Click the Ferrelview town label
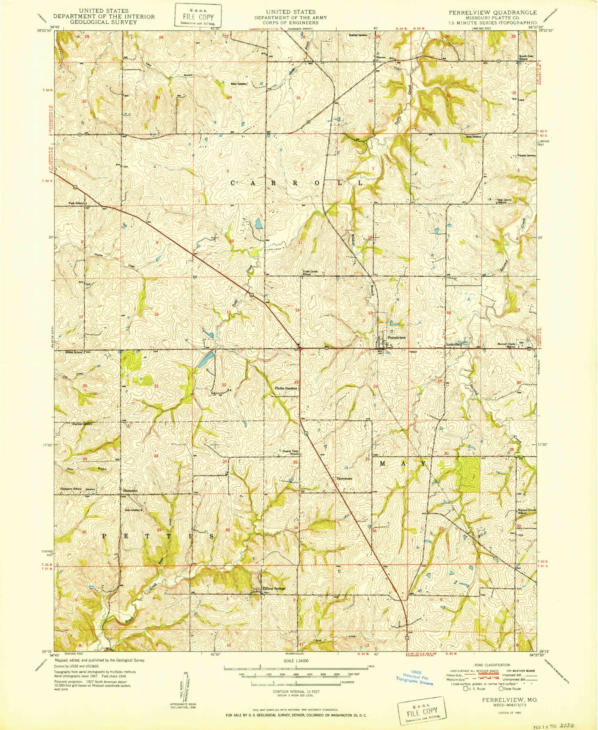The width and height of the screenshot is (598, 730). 396,338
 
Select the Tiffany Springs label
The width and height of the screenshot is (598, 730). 274,588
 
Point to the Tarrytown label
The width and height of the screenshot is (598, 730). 344,478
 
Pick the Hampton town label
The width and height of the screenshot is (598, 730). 130,490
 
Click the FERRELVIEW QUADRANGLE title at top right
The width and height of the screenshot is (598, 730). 493,12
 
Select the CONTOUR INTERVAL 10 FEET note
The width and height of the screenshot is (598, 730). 296,691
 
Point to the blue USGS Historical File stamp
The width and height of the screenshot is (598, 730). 414,678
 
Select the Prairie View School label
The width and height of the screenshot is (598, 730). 291,452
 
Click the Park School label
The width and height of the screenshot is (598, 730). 76,203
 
